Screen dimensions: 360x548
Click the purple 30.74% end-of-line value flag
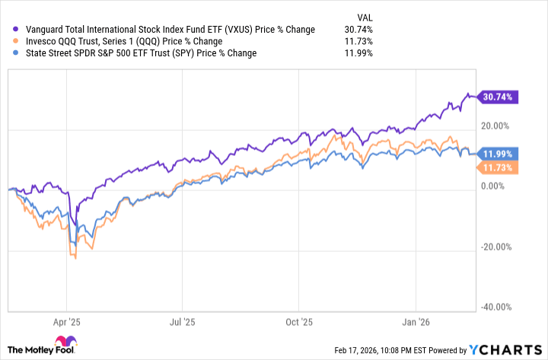496,97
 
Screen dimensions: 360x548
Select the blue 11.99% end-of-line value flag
496,153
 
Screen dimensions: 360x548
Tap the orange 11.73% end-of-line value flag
496,167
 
